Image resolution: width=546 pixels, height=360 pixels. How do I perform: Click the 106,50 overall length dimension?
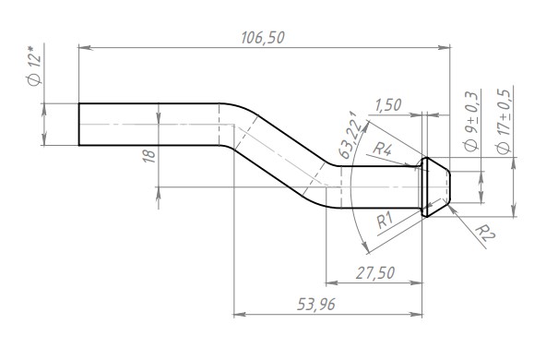coord(263,38)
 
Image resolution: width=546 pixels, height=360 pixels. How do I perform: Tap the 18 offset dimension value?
coord(149,155)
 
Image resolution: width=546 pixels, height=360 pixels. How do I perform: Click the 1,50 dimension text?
coord(388,105)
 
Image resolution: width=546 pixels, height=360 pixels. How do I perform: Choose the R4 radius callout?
coord(383,150)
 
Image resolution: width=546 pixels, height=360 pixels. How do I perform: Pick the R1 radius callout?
coord(385,221)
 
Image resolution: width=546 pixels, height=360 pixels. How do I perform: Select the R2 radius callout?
coord(485,233)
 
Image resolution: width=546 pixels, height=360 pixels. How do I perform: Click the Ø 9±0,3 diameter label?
coord(471,121)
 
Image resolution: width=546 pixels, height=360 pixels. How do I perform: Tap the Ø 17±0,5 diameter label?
coord(504,121)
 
